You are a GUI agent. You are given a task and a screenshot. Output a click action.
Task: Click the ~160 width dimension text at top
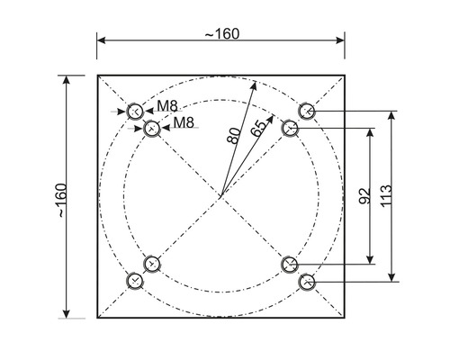(221, 33)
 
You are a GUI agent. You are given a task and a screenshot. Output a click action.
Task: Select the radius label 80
(233, 136)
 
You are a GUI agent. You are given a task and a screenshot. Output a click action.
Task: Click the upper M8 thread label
(167, 106)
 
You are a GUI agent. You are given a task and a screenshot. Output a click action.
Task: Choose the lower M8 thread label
(184, 121)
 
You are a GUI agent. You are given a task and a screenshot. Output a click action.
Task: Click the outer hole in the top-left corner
(134, 112)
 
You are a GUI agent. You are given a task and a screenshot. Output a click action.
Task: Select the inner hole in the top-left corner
(151, 129)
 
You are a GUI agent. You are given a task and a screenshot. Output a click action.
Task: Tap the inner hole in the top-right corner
(290, 129)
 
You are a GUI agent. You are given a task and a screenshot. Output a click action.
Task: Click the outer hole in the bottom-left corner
(134, 282)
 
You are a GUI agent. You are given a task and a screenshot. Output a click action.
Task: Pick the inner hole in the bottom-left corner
(151, 264)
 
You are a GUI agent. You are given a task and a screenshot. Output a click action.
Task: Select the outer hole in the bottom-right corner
(307, 282)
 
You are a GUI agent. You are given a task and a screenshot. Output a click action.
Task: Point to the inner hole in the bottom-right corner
(290, 264)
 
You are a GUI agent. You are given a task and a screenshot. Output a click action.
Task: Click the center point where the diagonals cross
(220, 196)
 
